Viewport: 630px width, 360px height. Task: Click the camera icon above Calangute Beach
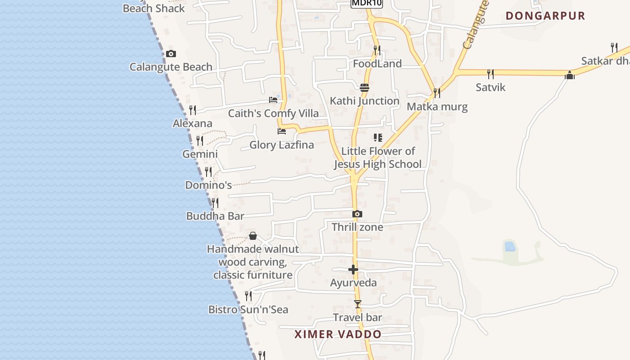[x=171, y=54]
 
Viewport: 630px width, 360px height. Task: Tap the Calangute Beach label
[x=171, y=67]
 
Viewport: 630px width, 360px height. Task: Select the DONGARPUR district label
[x=545, y=16]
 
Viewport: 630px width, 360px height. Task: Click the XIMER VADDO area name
[x=338, y=334]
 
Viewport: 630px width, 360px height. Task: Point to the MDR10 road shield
[x=367, y=3]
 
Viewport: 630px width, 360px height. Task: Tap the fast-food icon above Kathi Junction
[x=364, y=88]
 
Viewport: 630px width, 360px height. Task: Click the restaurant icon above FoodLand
[x=377, y=50]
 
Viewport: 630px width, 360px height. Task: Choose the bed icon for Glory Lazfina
[x=282, y=131]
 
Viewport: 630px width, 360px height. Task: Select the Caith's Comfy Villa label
[x=273, y=113]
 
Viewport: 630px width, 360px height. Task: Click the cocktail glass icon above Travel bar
[x=357, y=305]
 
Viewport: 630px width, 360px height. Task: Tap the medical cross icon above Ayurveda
[x=353, y=270]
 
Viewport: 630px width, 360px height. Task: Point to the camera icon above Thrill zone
[x=357, y=214]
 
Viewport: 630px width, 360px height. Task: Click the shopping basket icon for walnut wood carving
[x=253, y=236]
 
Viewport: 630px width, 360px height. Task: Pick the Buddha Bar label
[x=215, y=216]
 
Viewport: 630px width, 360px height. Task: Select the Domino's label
[x=208, y=185]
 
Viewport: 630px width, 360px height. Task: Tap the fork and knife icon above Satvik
[x=490, y=74]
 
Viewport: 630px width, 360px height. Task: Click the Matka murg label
[x=437, y=107]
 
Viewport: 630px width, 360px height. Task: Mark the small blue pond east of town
[x=510, y=246]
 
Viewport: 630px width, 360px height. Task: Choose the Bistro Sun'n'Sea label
[x=248, y=310]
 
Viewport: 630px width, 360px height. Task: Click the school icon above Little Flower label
[x=378, y=138]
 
